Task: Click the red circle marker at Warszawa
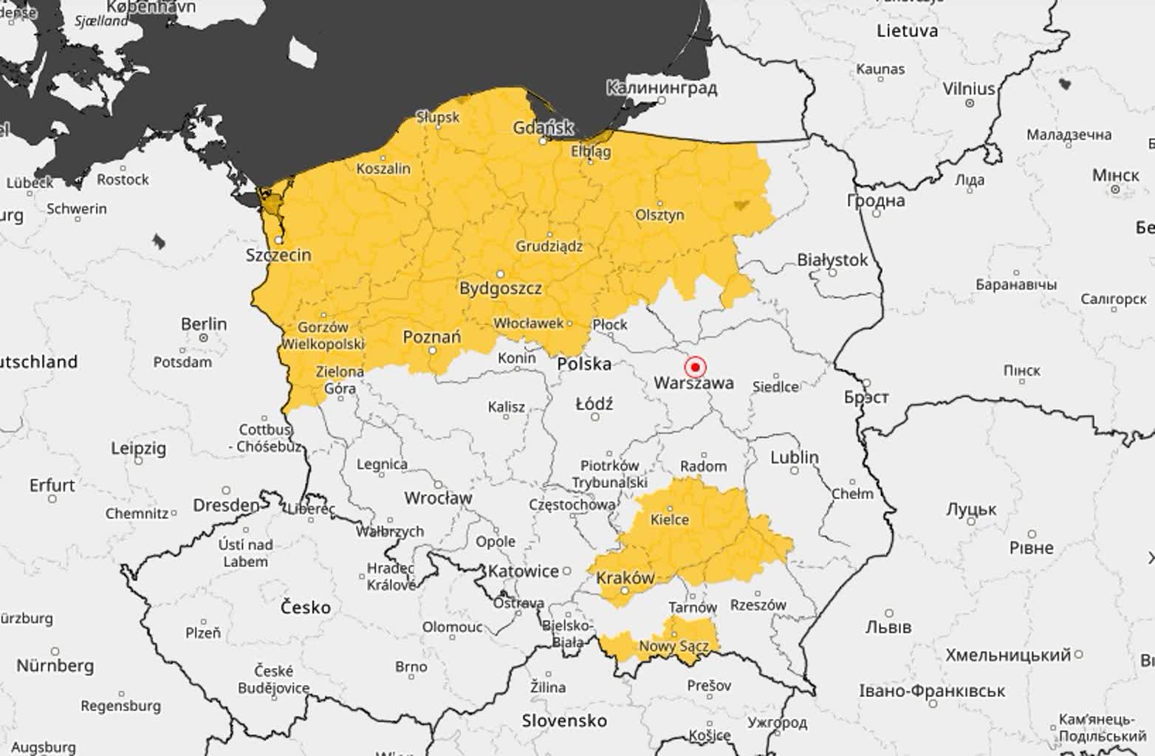695,367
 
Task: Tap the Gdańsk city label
543,128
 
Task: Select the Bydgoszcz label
501,288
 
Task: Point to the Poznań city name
432,337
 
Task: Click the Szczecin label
278,255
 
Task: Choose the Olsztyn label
659,215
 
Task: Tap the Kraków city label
626,577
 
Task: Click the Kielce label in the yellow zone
670,519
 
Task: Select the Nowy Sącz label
674,646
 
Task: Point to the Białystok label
832,260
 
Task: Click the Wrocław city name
438,498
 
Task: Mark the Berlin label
204,324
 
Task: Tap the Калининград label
661,88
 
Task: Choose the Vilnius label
969,89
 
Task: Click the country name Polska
584,363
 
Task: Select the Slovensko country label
564,721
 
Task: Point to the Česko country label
306,608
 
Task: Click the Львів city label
888,627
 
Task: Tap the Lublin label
795,457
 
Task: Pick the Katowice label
524,571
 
